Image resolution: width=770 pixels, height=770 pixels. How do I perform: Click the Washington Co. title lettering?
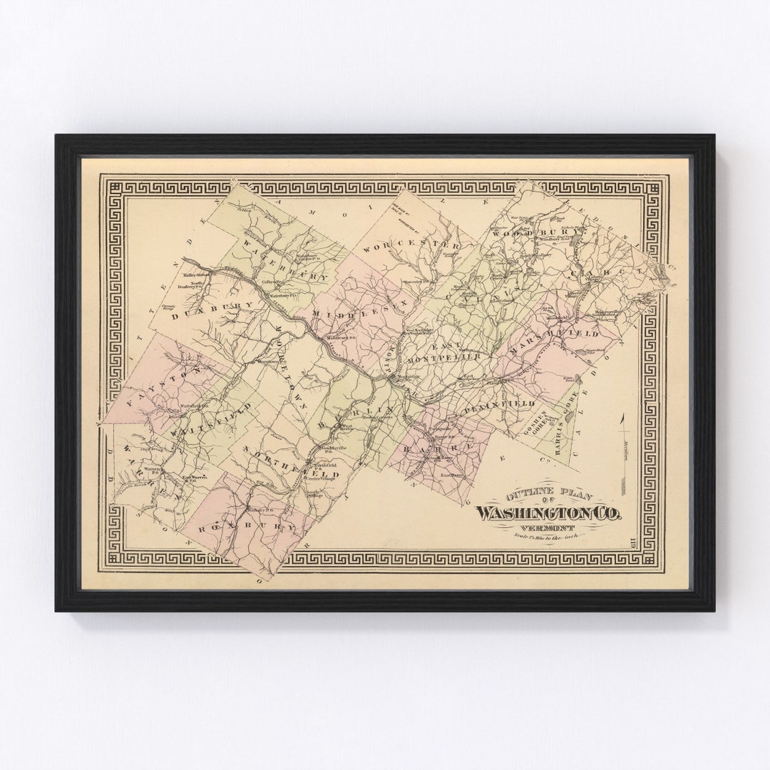coord(549,513)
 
